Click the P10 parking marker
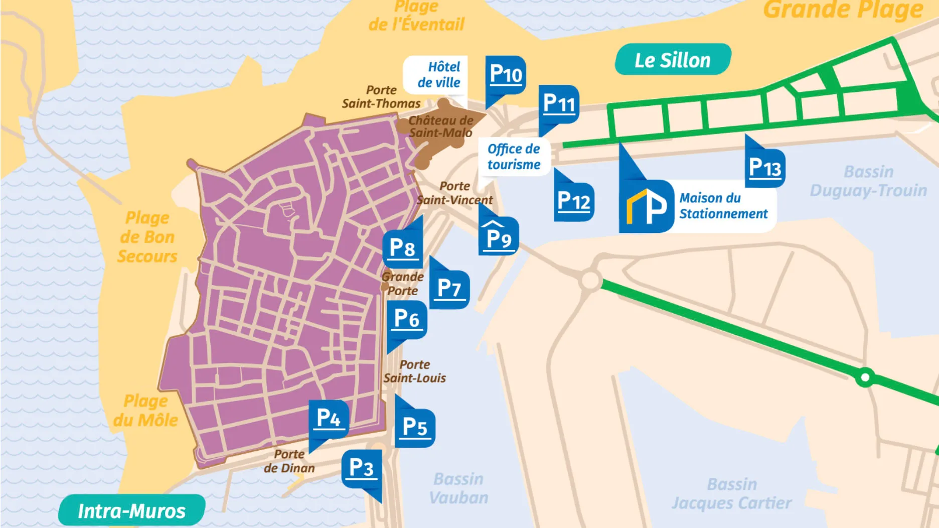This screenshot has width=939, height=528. pos(506,75)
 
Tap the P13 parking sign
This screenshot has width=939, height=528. pos(765,168)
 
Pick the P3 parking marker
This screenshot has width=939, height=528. pos(361,468)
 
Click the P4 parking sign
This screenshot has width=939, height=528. pos(329,419)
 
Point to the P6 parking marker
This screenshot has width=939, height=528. pos(407,319)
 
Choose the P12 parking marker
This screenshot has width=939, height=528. pos(574,202)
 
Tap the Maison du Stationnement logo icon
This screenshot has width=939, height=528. pos(647,206)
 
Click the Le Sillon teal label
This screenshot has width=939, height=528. pos(673,60)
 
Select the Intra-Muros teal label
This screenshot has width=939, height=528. pos(131,511)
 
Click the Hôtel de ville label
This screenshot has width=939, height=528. pos(438,75)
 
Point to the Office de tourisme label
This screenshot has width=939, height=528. pos(514,157)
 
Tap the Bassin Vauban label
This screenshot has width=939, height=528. pos(458,488)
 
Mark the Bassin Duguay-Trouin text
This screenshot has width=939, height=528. pos(868,181)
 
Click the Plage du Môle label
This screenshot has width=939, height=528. pos(145,411)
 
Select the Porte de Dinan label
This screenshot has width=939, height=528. pos(289,461)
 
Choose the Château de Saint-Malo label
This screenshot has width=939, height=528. pos(440,126)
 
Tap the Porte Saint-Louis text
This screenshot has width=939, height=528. pos(415,371)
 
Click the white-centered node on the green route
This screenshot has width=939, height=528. pos(865,376)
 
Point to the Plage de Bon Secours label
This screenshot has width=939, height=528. pos(147,237)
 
